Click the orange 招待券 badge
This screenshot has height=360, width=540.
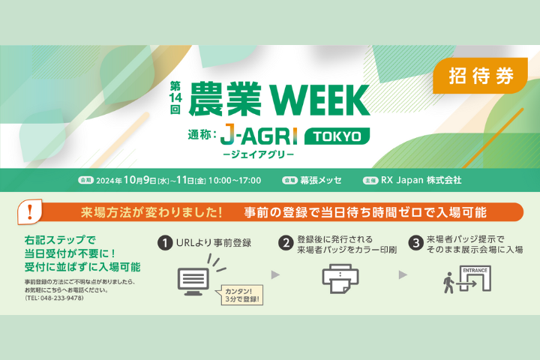point(480,76)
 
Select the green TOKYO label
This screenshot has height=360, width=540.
point(337,136)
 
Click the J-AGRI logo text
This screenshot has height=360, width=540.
point(258,135)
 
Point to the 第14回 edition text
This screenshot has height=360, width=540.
point(175,97)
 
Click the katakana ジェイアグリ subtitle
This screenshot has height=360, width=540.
point(258,154)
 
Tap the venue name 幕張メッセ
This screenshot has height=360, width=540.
point(321,180)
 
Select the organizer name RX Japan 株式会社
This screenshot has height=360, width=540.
point(421,180)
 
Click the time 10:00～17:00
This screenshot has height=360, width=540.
point(235,181)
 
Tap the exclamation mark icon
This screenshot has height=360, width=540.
point(30,211)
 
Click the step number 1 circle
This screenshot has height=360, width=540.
point(165,243)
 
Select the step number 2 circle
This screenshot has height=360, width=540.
point(286,243)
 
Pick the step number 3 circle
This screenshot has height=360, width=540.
point(415,243)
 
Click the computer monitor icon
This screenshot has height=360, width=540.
point(193,281)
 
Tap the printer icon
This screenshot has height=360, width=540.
point(340,279)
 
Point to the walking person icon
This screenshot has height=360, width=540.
point(448,283)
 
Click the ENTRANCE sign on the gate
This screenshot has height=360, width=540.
point(475,271)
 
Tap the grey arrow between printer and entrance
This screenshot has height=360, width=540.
point(403,275)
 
